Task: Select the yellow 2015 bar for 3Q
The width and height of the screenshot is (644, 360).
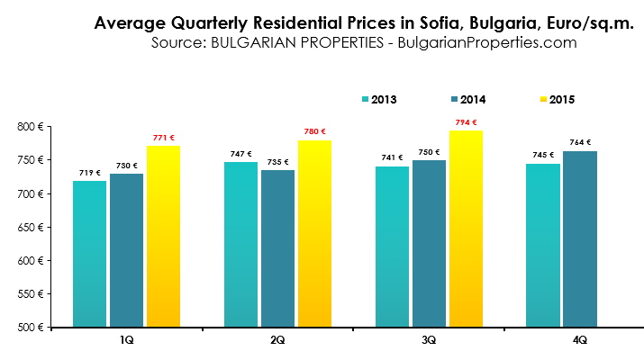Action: click(x=466, y=229)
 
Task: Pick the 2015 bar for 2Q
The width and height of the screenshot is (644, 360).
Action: click(x=314, y=233)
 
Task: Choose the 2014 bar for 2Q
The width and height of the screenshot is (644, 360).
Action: click(x=277, y=248)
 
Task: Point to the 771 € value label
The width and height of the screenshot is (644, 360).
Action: click(x=163, y=138)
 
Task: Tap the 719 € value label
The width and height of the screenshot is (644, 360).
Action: click(x=89, y=173)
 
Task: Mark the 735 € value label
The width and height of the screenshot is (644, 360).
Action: click(x=277, y=162)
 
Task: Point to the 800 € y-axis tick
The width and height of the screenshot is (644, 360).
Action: click(x=32, y=127)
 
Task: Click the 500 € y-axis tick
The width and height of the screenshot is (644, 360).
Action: click(x=32, y=327)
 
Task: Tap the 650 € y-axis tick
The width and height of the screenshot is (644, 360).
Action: click(x=32, y=227)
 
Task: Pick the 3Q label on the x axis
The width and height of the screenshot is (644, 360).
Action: click(x=428, y=340)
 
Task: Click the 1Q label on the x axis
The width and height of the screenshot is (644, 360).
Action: click(x=126, y=340)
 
